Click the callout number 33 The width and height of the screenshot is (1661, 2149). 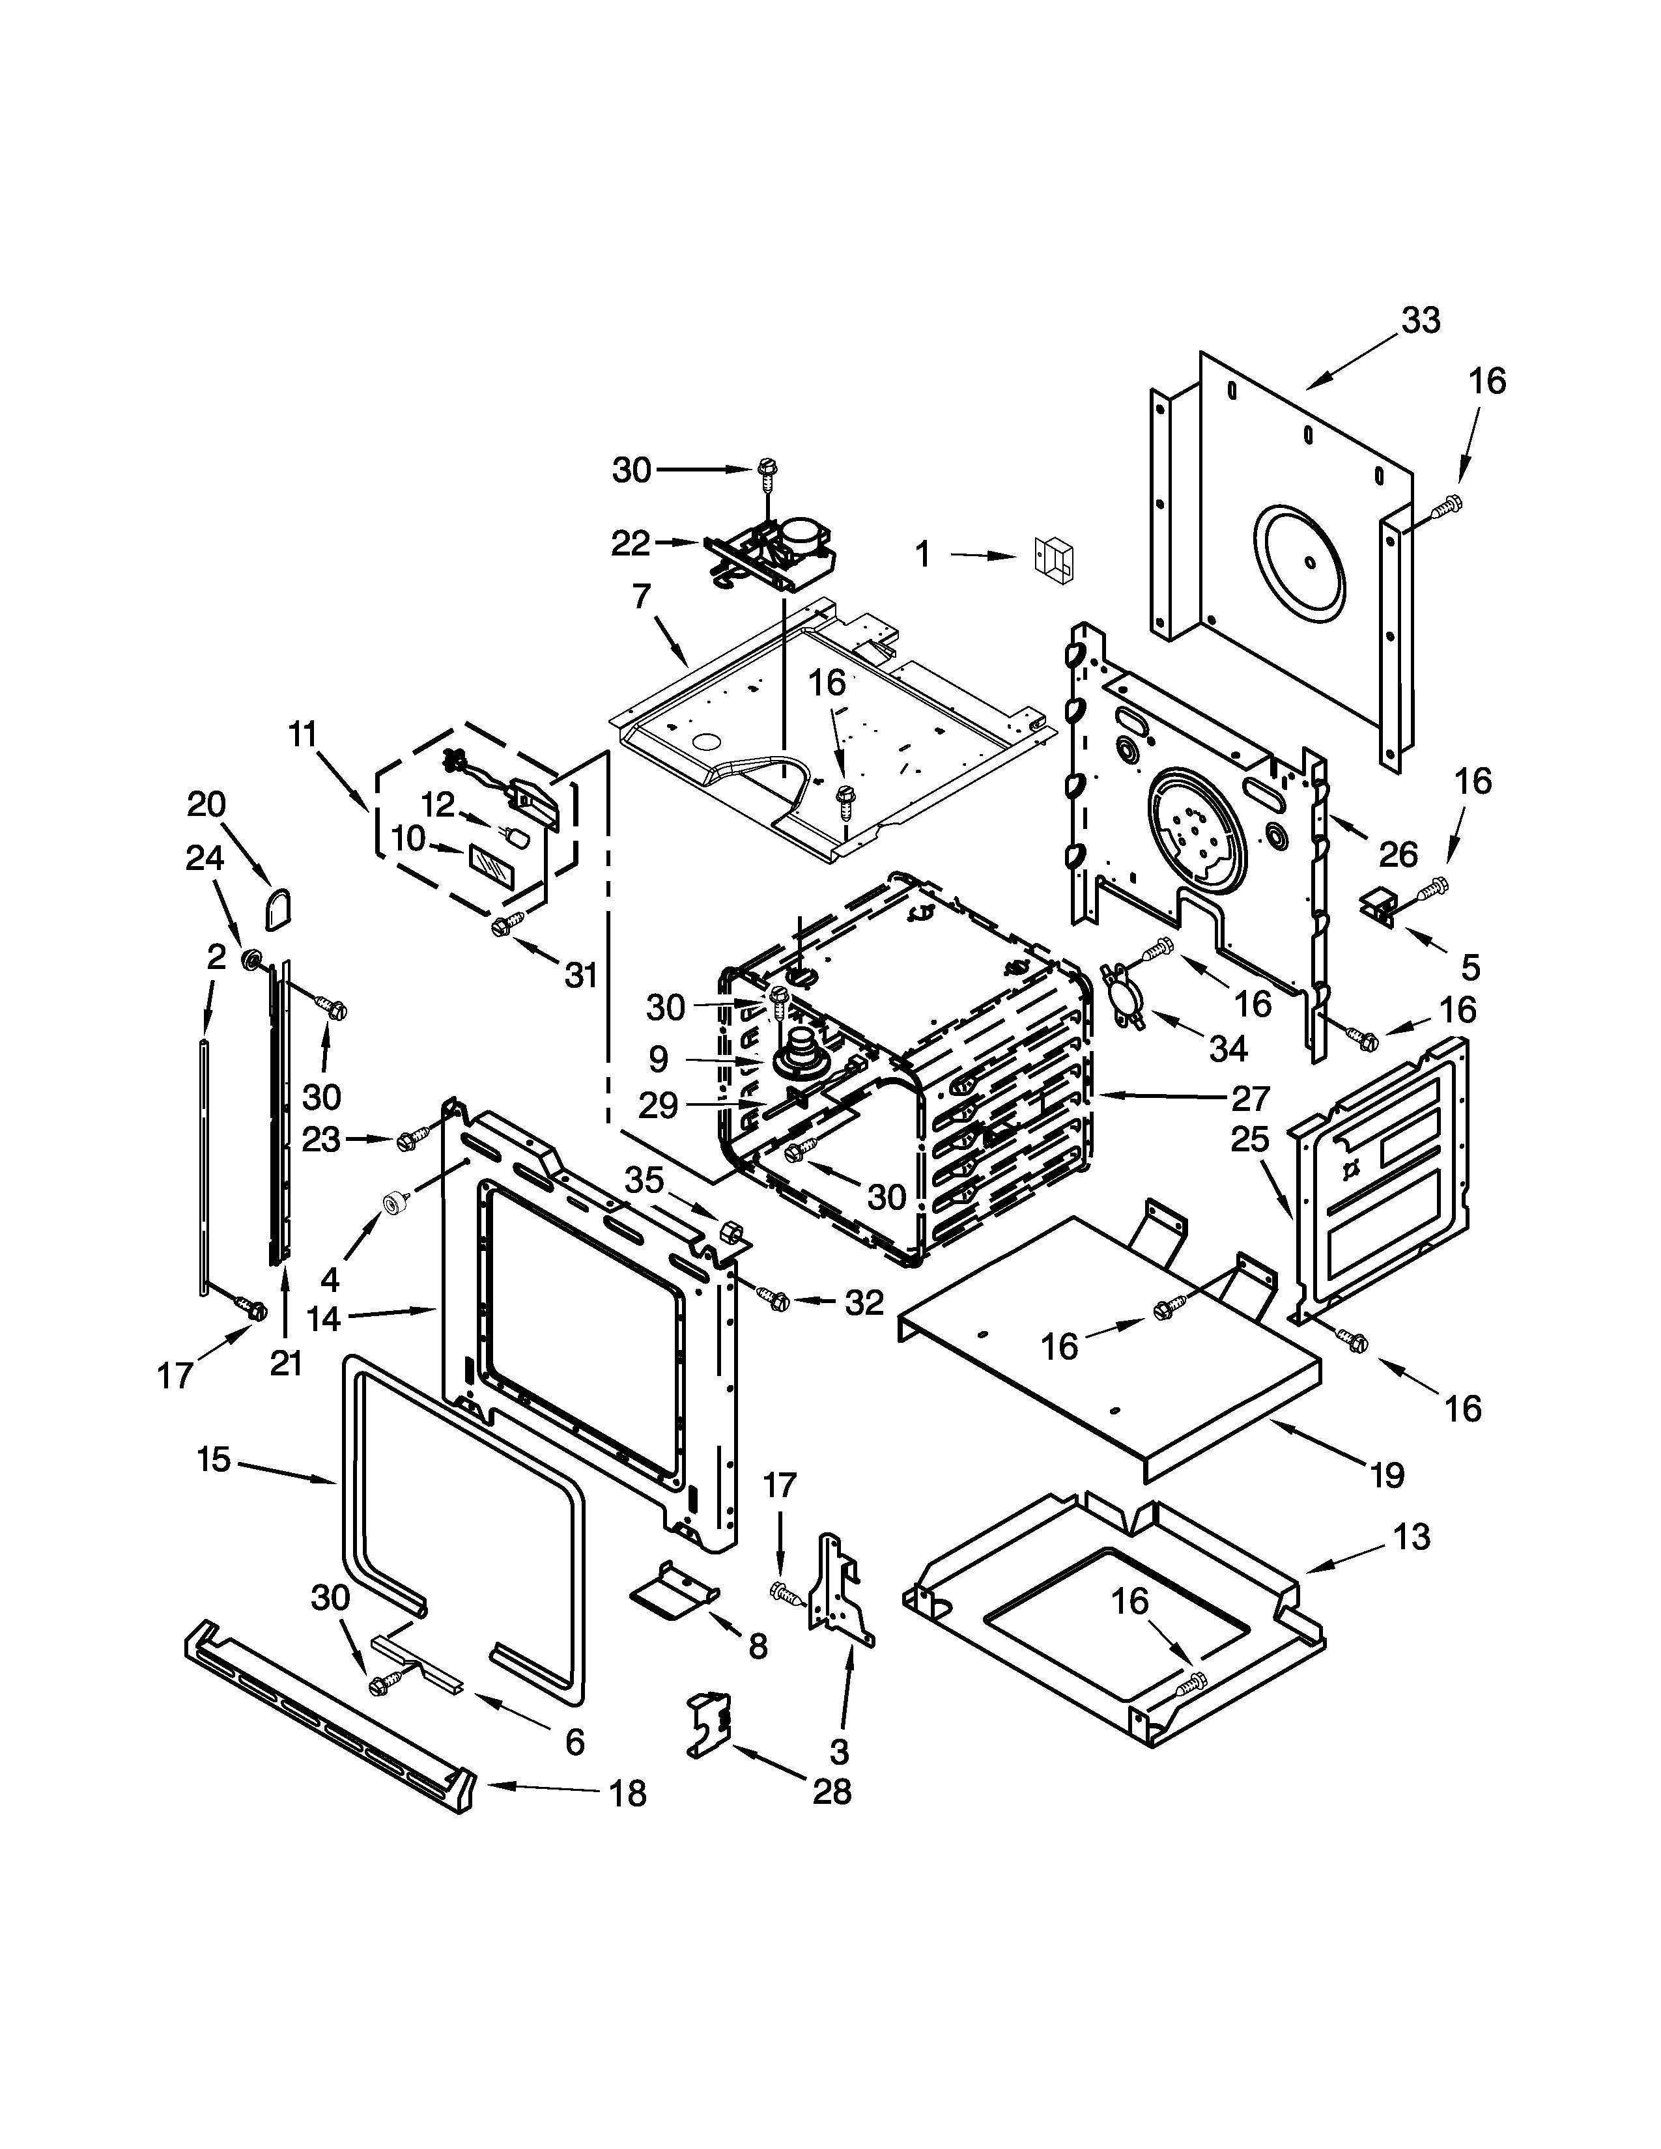[x=1420, y=321]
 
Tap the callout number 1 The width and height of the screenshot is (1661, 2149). [x=922, y=555]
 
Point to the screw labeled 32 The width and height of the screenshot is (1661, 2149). [x=773, y=1300]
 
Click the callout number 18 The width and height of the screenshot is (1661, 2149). [x=628, y=1794]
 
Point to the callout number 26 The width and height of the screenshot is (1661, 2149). [x=1397, y=854]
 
